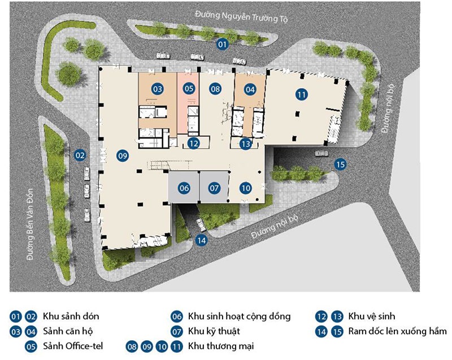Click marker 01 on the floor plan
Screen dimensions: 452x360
click(x=222, y=45)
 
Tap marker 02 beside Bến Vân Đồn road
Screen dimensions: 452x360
click(x=80, y=155)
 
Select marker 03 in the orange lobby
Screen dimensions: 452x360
click(x=158, y=89)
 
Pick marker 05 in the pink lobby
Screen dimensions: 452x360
click(x=189, y=88)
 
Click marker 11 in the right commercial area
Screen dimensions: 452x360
click(x=302, y=94)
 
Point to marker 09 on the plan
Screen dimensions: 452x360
click(x=123, y=156)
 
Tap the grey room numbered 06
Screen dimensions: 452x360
click(x=184, y=186)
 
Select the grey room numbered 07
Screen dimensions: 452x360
click(x=214, y=186)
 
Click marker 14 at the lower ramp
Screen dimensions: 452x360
click(x=201, y=240)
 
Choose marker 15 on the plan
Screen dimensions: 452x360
click(x=340, y=164)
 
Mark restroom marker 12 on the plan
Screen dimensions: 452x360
click(x=193, y=143)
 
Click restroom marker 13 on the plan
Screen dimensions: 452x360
click(x=246, y=144)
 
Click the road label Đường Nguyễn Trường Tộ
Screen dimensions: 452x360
click(x=241, y=17)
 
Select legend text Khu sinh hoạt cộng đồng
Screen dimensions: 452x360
click(x=239, y=316)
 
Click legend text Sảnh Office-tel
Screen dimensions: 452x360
click(x=73, y=346)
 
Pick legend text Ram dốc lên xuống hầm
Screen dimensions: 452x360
click(x=397, y=331)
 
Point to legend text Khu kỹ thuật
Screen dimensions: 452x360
click(x=214, y=331)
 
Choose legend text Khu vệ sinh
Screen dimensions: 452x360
click(x=372, y=316)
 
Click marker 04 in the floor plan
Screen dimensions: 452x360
click(x=250, y=90)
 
